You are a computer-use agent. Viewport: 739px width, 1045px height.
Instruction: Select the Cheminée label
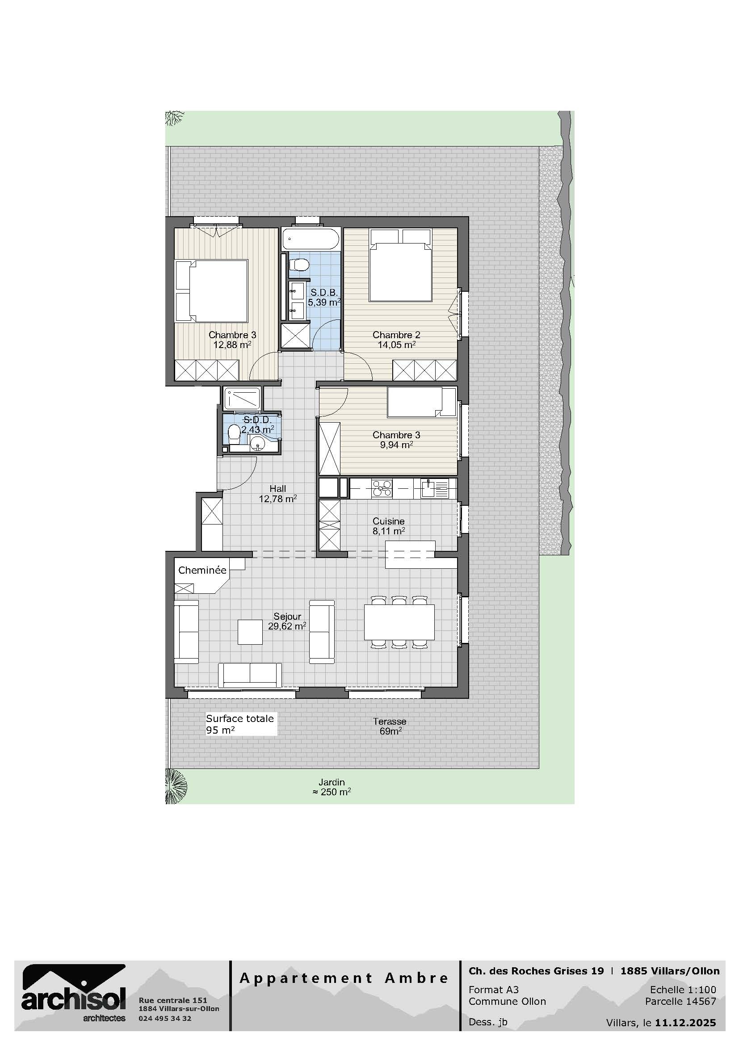point(202,570)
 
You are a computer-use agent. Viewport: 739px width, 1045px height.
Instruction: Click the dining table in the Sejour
point(399,622)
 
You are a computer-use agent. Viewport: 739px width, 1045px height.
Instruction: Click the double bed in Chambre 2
point(400,265)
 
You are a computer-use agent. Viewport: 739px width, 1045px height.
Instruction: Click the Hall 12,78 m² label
point(278,494)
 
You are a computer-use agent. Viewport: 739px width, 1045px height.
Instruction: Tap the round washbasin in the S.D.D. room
point(258,441)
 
